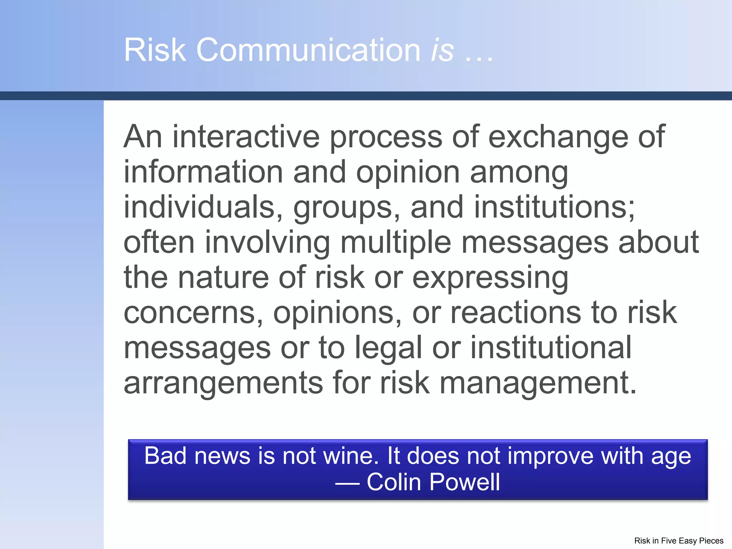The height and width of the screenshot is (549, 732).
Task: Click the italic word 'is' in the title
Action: [442, 50]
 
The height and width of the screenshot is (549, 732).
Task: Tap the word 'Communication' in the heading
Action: [308, 50]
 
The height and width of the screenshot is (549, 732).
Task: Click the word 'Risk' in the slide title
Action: [155, 50]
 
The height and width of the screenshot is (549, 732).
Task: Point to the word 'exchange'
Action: [558, 138]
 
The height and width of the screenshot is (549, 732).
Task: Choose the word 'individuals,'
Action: [203, 207]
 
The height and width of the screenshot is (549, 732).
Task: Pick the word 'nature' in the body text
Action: [223, 277]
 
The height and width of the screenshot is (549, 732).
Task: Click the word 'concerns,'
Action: [193, 313]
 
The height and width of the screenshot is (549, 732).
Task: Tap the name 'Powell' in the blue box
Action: [464, 482]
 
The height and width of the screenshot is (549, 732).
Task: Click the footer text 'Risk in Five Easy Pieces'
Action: [678, 541]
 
